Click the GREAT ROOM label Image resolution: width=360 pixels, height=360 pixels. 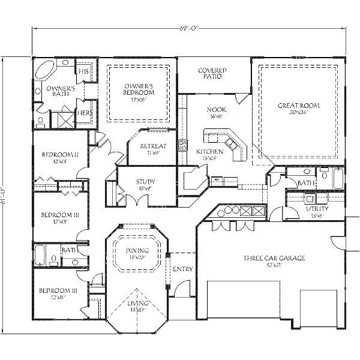pos(298,106)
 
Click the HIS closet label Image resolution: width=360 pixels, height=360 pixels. pos(84,71)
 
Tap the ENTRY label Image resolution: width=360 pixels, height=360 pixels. pos(182,269)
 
